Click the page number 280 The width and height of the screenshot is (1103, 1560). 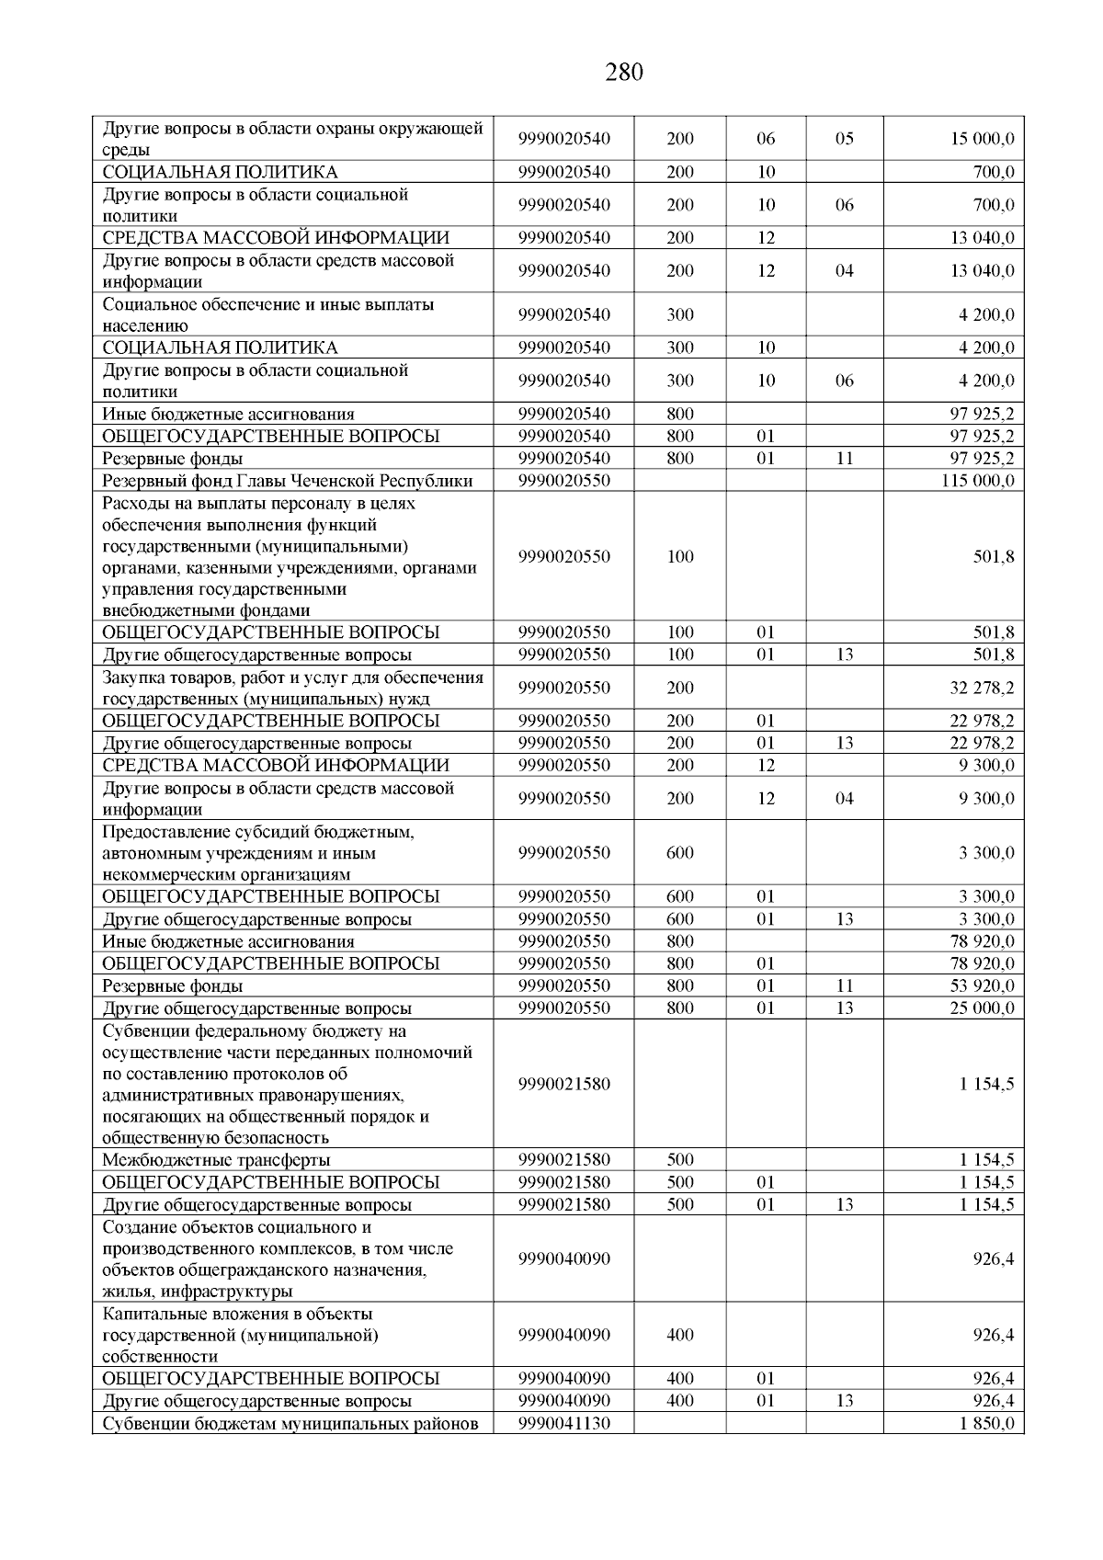[624, 73]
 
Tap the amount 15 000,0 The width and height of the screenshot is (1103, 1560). [983, 139]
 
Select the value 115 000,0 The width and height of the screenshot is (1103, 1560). [978, 481]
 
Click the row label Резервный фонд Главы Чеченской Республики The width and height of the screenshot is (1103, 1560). [288, 481]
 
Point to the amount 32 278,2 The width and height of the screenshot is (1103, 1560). [982, 688]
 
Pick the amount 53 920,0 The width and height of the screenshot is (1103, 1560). [982, 985]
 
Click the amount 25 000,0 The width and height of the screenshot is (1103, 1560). [982, 1008]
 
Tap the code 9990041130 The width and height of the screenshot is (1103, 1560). [563, 1423]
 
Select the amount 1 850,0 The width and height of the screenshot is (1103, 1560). [986, 1423]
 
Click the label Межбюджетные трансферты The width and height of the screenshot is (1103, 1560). [216, 1160]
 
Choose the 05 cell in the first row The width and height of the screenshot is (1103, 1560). [844, 139]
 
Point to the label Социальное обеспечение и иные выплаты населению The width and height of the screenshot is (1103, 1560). [267, 314]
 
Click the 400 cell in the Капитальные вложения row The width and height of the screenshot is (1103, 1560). [679, 1335]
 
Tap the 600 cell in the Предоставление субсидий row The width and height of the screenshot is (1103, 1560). [679, 853]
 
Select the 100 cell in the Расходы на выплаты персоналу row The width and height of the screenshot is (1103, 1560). [679, 556]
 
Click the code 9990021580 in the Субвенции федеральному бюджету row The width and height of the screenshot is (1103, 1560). [563, 1084]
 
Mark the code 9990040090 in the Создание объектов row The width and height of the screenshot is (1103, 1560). [563, 1258]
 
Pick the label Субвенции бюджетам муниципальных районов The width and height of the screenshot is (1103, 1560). [290, 1423]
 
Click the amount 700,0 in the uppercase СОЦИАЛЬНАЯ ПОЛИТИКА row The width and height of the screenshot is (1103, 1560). [994, 172]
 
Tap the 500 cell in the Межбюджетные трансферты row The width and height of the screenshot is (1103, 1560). [679, 1160]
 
